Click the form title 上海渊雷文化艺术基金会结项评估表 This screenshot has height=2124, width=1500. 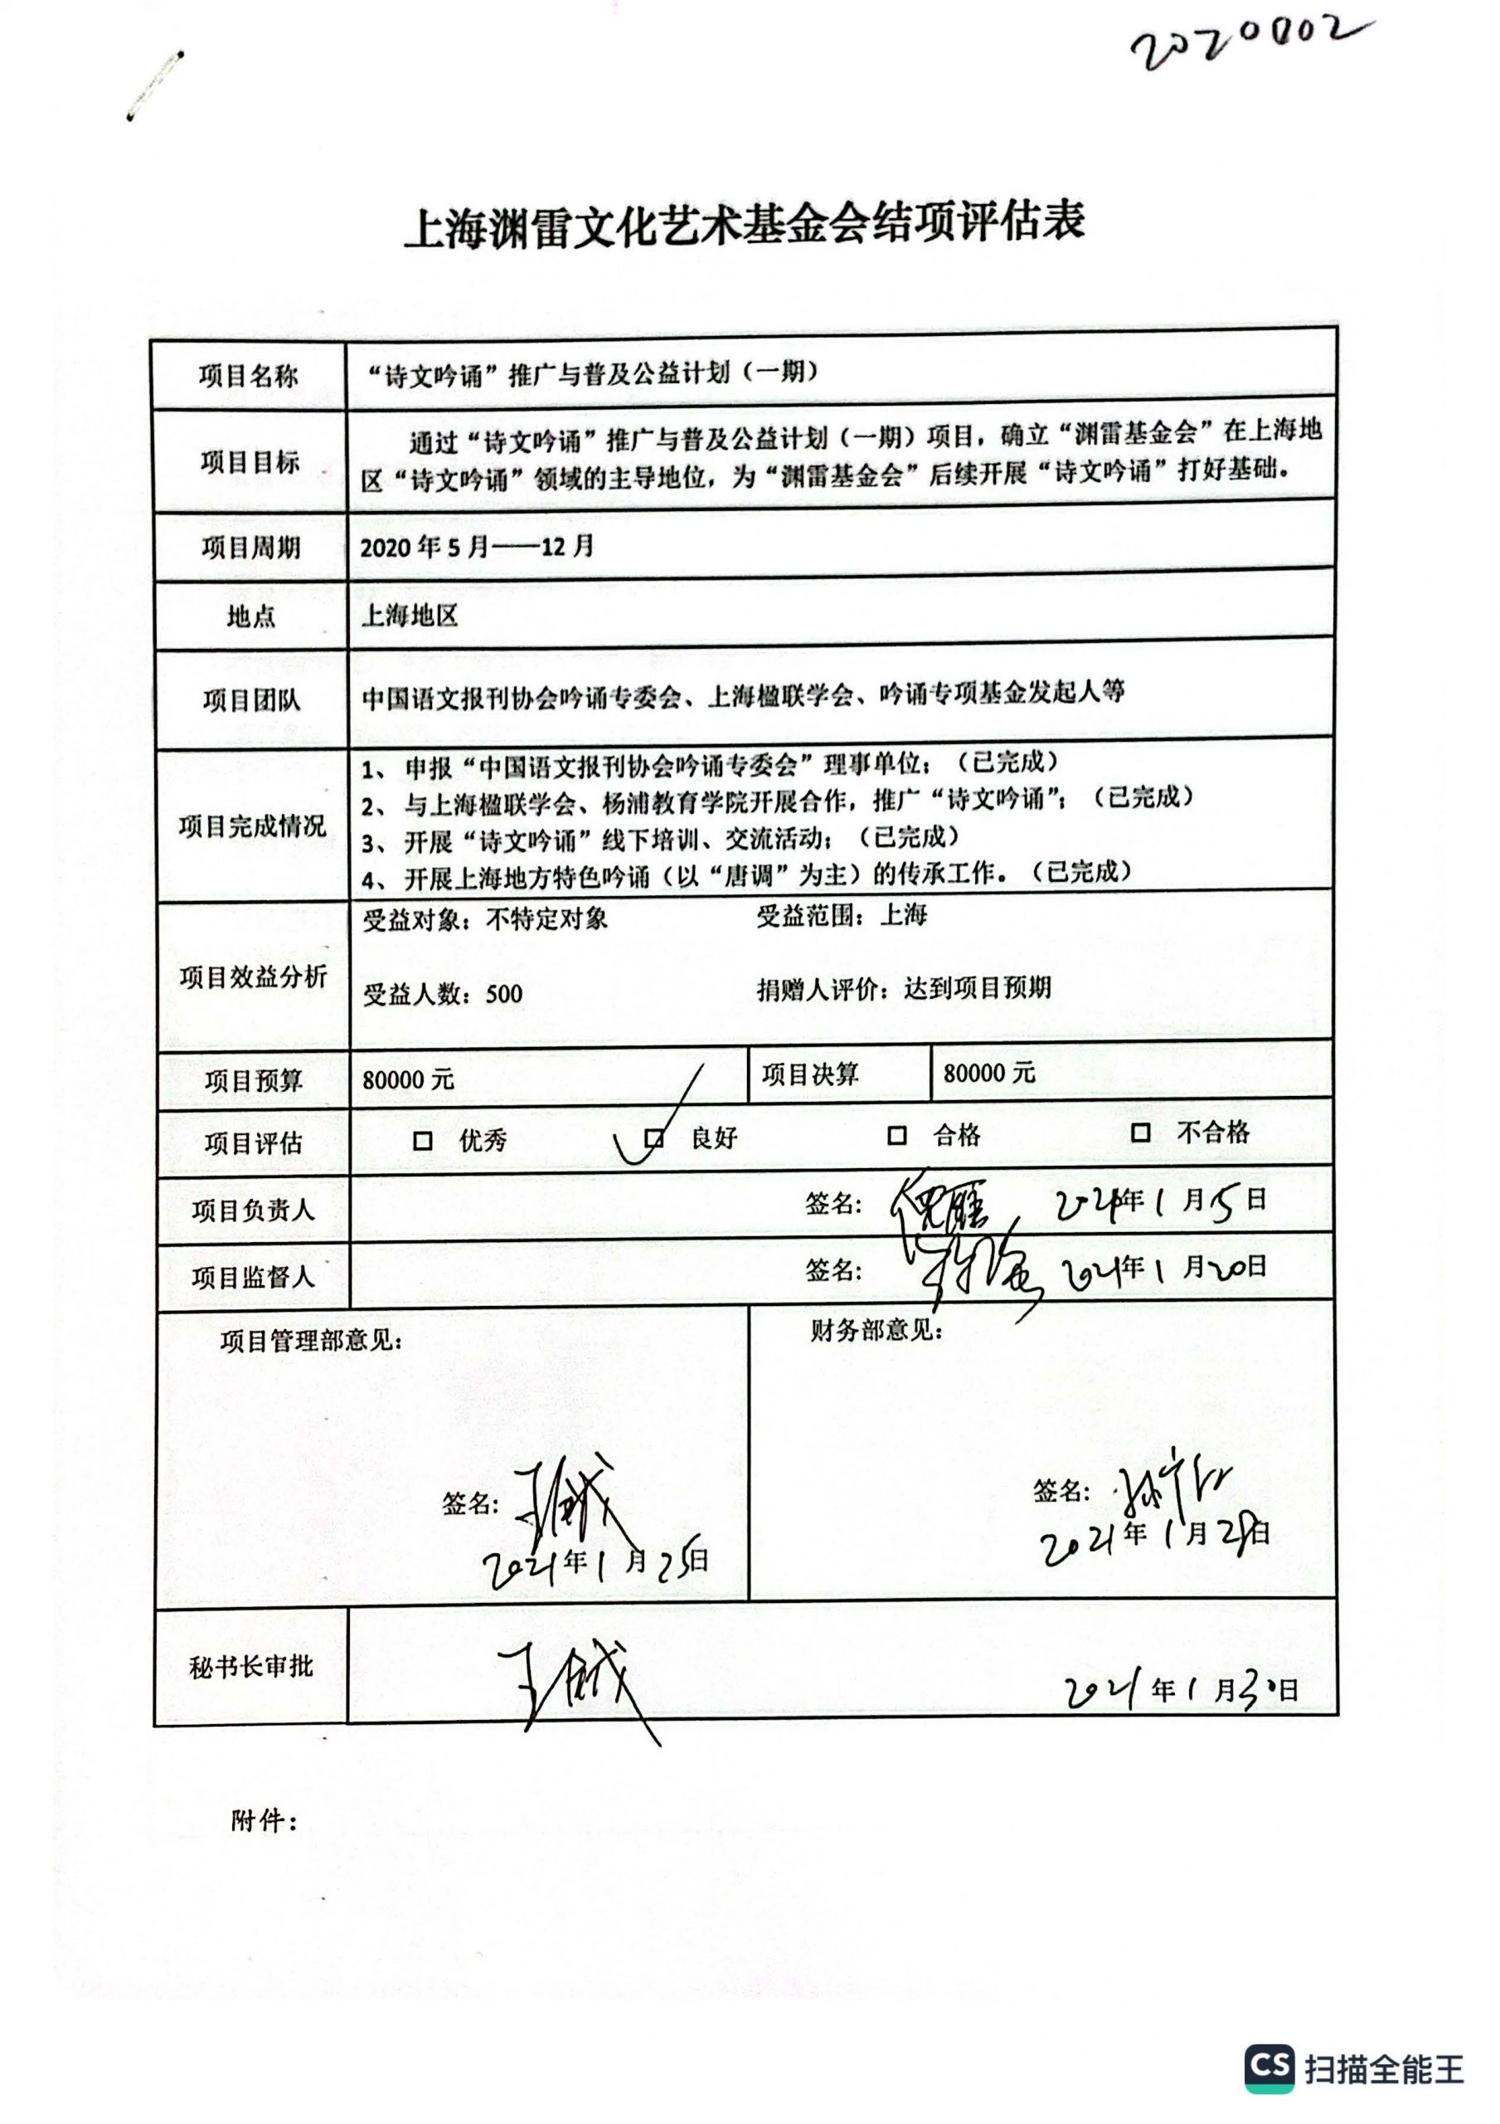point(745,225)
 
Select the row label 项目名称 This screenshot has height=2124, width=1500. point(248,377)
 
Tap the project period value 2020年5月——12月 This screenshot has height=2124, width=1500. point(476,547)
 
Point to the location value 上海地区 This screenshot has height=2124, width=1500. point(410,615)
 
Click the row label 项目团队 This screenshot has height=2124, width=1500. point(250,700)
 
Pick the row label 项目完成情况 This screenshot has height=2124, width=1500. point(251,826)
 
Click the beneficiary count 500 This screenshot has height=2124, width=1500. point(504,995)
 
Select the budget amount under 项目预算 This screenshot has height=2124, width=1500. point(408,1079)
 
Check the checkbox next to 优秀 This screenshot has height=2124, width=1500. point(423,1141)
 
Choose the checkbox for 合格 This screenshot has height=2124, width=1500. point(896,1135)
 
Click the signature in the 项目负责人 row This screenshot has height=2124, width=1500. point(944,1208)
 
